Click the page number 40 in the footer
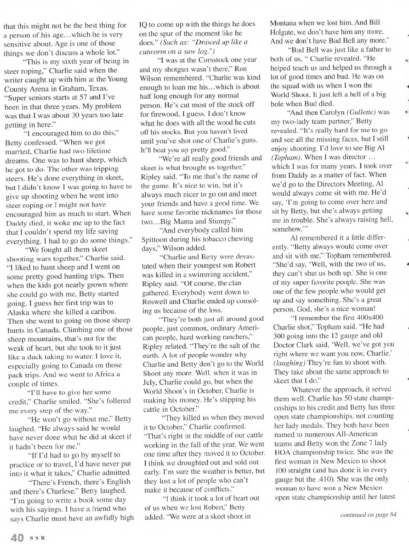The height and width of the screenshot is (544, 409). pos(17,537)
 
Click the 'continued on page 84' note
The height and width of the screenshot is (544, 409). pos(368,515)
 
